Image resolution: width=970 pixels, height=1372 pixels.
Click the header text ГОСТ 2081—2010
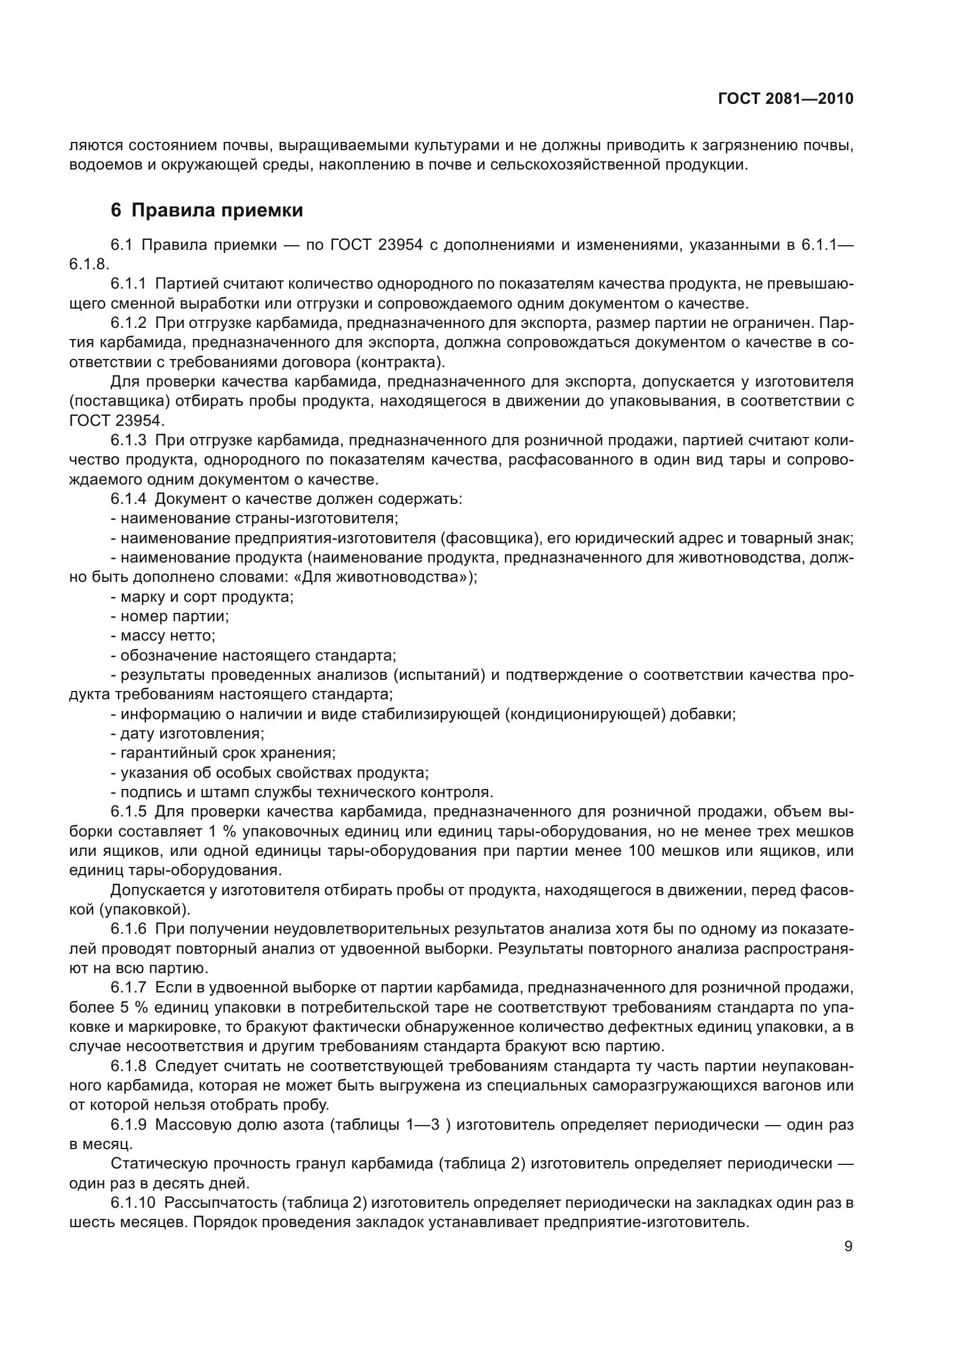785,99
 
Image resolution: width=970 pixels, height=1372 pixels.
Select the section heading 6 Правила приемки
206,211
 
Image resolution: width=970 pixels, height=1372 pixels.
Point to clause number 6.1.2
128,323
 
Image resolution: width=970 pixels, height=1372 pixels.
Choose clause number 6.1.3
128,441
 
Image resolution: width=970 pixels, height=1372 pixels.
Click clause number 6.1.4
128,499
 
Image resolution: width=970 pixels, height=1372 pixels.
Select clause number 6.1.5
128,811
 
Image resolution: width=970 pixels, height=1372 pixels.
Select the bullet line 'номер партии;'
174,616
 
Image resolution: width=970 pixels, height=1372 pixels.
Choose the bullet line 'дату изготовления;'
192,733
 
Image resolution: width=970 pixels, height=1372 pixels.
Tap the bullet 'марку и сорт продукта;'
206,597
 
